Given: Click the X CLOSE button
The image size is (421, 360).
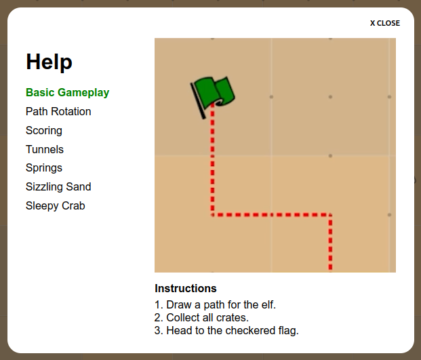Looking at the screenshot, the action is (385, 23).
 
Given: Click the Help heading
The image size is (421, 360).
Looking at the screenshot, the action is (49, 62).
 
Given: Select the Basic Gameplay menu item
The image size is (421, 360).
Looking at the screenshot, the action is (67, 93).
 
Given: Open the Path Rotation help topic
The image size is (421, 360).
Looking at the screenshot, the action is (58, 111).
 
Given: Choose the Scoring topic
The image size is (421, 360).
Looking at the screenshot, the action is (44, 131).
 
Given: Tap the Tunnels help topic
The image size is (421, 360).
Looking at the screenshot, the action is (45, 149).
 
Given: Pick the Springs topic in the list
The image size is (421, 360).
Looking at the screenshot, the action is (44, 168).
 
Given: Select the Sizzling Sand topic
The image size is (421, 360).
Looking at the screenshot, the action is (58, 187).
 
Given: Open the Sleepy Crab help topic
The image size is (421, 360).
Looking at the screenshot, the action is (56, 206).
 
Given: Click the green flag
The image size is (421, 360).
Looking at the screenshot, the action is (215, 93).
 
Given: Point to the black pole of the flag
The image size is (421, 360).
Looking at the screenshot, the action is (198, 101).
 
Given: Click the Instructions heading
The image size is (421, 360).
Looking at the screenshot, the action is (186, 288).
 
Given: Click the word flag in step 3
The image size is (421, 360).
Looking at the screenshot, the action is (288, 331).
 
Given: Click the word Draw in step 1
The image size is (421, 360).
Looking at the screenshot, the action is (179, 304).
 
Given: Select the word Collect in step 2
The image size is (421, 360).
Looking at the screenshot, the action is (183, 317).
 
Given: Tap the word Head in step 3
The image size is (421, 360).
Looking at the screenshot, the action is (180, 330).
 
